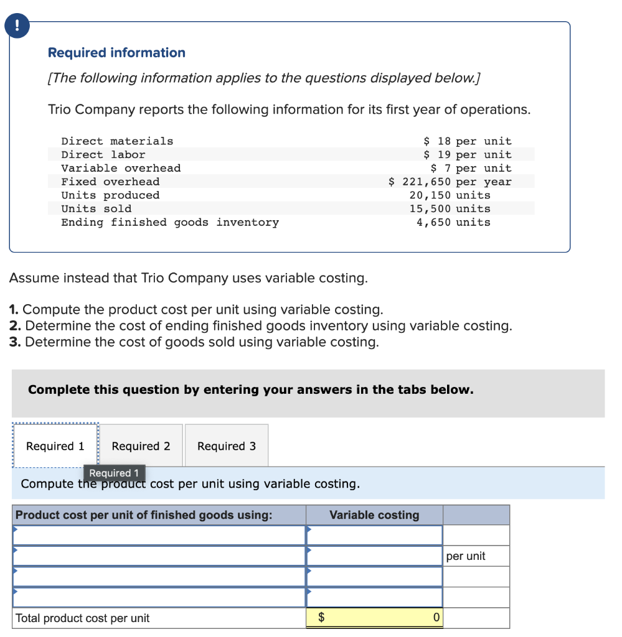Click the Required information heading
pyautogui.click(x=116, y=53)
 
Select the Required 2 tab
pyautogui.click(x=141, y=446)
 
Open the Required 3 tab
pyautogui.click(x=226, y=446)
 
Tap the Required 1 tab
pyautogui.click(x=55, y=446)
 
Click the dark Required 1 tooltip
pyautogui.click(x=114, y=473)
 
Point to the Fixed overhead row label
pyautogui.click(x=110, y=182)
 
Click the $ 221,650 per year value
pyautogui.click(x=450, y=182)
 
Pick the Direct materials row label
pyautogui.click(x=117, y=141)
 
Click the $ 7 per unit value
pyautogui.click(x=471, y=168)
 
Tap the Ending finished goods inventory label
pyautogui.click(x=169, y=222)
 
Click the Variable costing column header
pyautogui.click(x=374, y=515)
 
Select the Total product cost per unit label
pyautogui.click(x=82, y=618)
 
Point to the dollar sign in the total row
pyautogui.click(x=321, y=618)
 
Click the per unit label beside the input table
pyautogui.click(x=466, y=556)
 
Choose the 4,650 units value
pyautogui.click(x=453, y=222)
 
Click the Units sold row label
pyautogui.click(x=96, y=209)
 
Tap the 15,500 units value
pyautogui.click(x=450, y=209)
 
